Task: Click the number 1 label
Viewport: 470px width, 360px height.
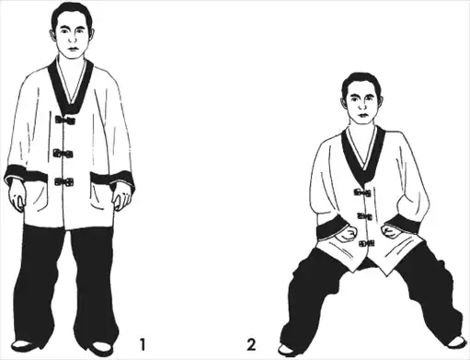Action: (x=142, y=344)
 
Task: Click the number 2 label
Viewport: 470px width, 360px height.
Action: (x=251, y=344)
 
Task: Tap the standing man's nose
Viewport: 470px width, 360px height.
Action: (x=73, y=40)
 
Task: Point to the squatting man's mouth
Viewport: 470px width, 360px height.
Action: (x=363, y=115)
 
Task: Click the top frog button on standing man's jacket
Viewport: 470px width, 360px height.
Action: (x=65, y=120)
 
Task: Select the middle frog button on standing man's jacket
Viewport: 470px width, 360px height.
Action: (x=63, y=153)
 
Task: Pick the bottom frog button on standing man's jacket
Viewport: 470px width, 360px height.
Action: (x=64, y=182)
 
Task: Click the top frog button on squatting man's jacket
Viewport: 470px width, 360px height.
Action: (x=362, y=192)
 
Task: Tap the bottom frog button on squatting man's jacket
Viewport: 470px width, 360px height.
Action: (x=367, y=243)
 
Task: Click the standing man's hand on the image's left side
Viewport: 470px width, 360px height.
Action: (x=17, y=196)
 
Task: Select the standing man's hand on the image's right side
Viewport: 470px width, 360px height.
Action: (x=122, y=198)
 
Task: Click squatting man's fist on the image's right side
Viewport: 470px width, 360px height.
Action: (x=390, y=231)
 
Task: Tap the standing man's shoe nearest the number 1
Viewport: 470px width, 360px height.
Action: (x=102, y=348)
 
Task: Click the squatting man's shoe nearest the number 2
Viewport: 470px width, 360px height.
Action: (x=286, y=350)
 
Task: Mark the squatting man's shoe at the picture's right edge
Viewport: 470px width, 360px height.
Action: (x=456, y=342)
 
